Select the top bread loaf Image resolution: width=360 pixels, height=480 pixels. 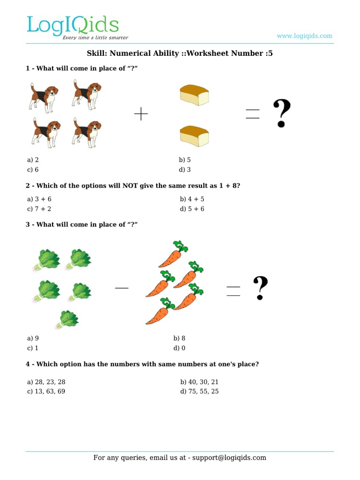pos(194,95)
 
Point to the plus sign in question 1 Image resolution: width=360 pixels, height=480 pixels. pos(141,114)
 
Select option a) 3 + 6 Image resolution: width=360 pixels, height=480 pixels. pos(39,199)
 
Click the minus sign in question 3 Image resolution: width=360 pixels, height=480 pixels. pos(121,288)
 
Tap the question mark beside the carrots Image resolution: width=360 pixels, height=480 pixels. pos(260,288)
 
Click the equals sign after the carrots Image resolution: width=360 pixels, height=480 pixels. pos(233,291)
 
